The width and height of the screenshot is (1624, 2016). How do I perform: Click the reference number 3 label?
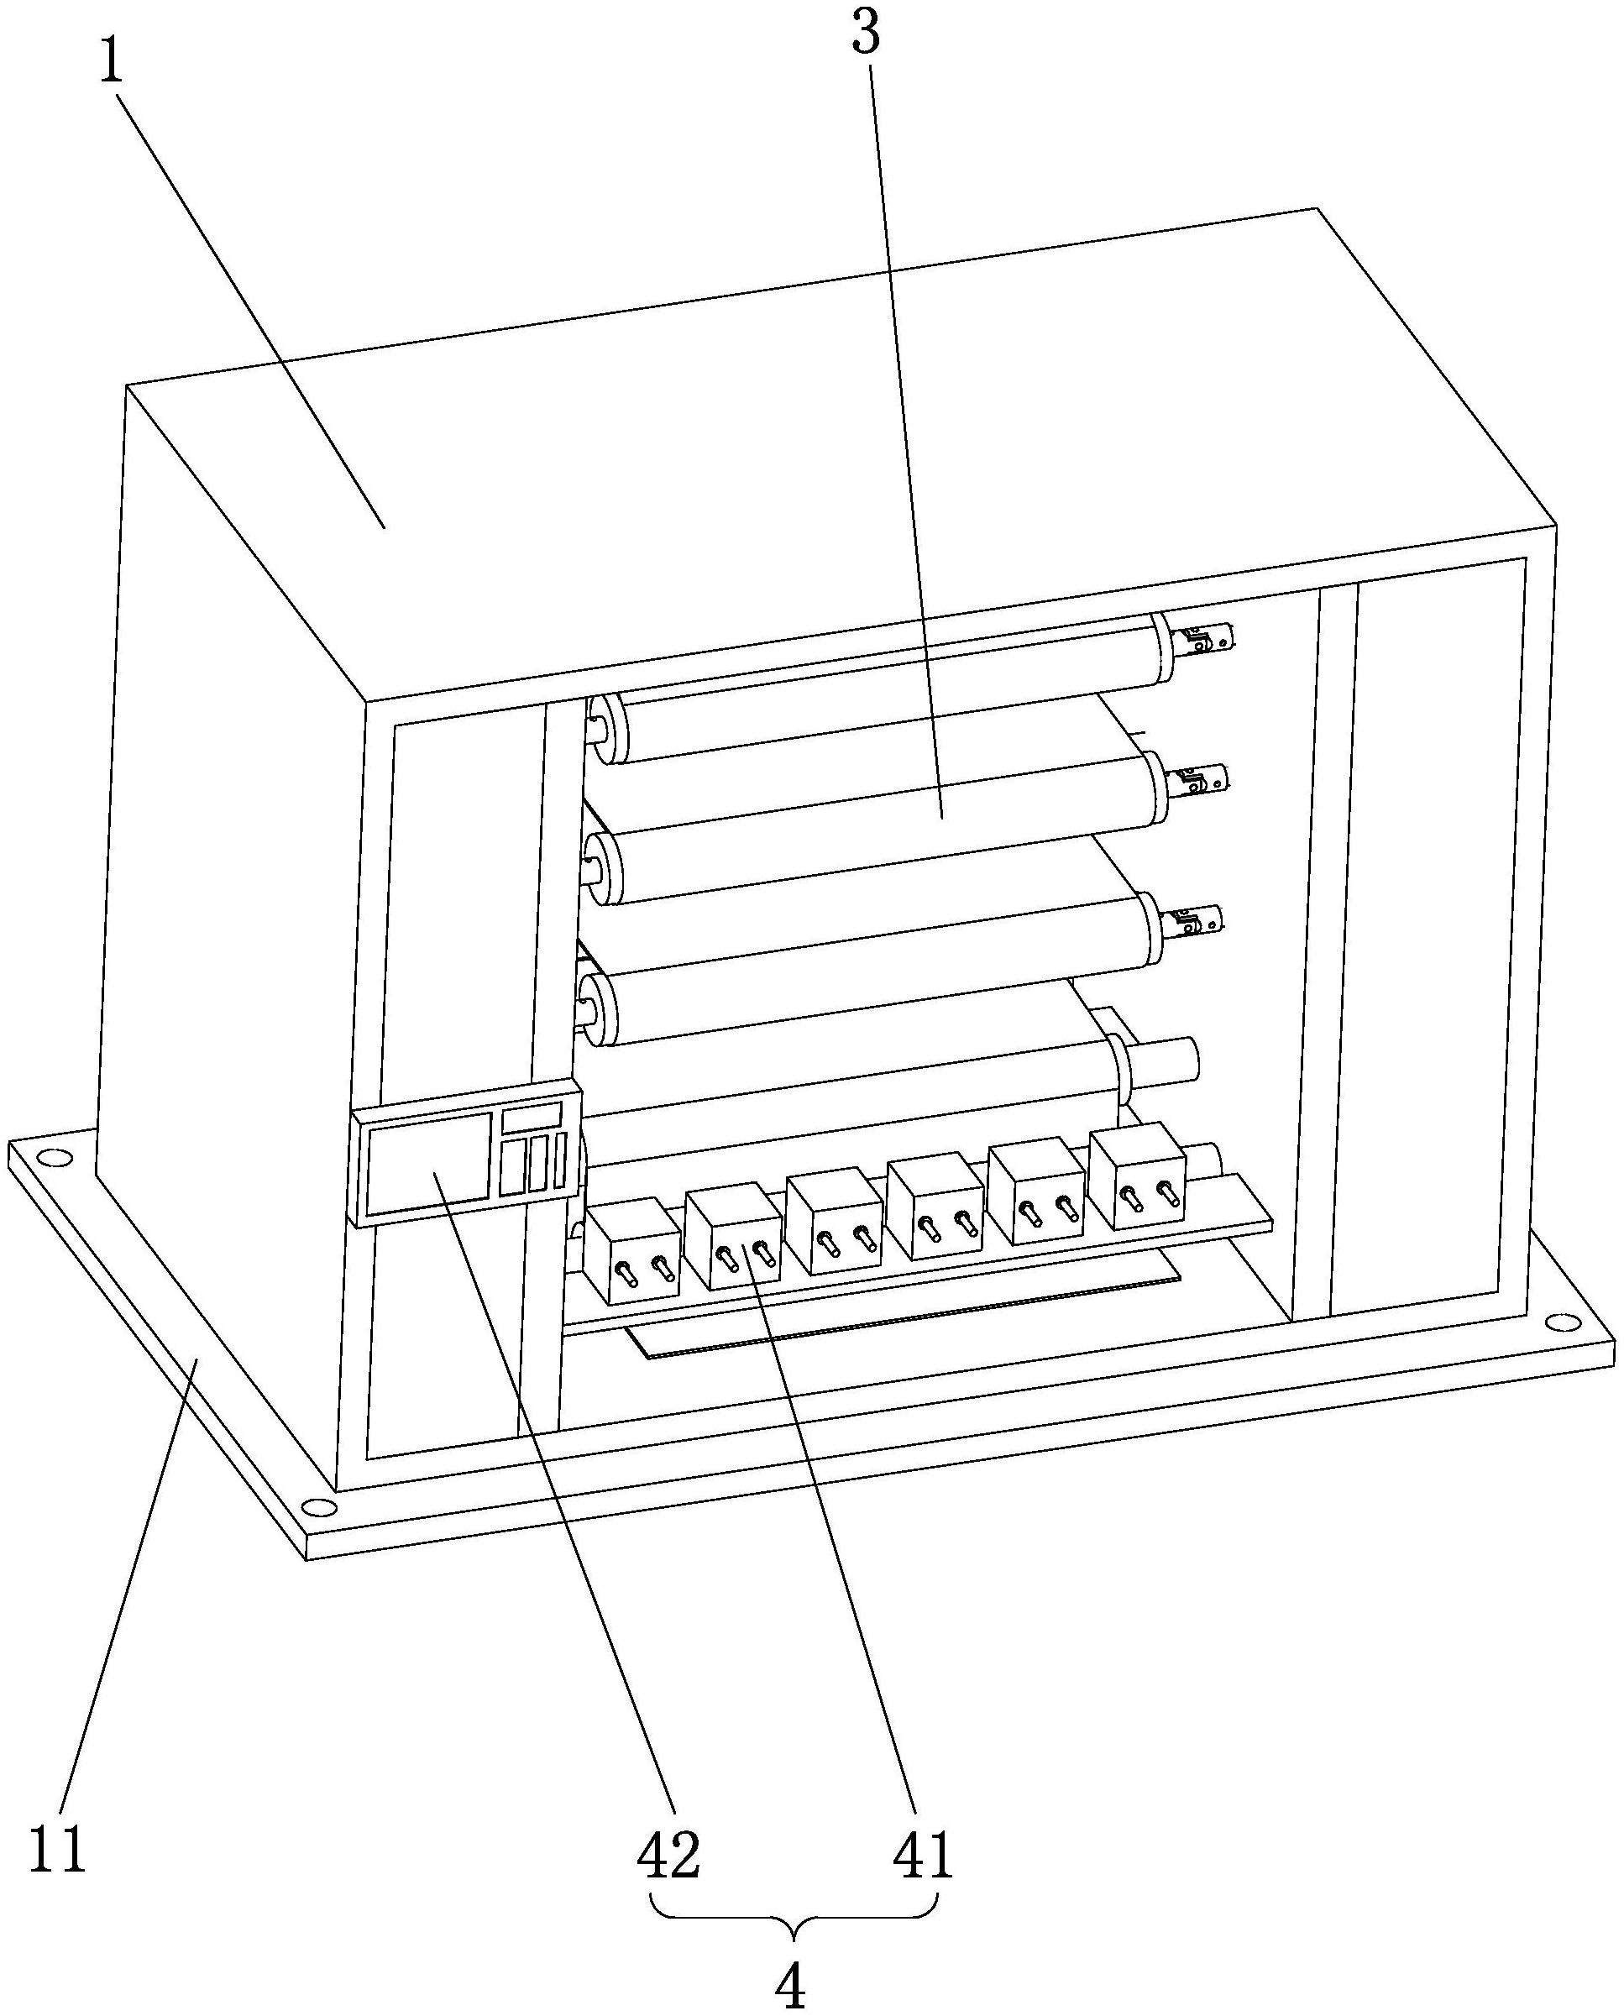866,34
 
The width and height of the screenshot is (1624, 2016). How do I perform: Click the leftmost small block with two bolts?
632,1253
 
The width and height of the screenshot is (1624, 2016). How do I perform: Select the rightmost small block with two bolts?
1138,1175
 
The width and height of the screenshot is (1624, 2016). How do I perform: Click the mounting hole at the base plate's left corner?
56,1157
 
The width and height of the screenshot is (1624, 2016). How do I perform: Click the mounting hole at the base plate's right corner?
1559,1320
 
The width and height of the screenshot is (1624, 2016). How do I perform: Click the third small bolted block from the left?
835,1221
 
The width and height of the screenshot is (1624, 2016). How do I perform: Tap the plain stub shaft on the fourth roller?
1165,1062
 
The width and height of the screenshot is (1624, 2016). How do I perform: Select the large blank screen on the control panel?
429,1163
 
